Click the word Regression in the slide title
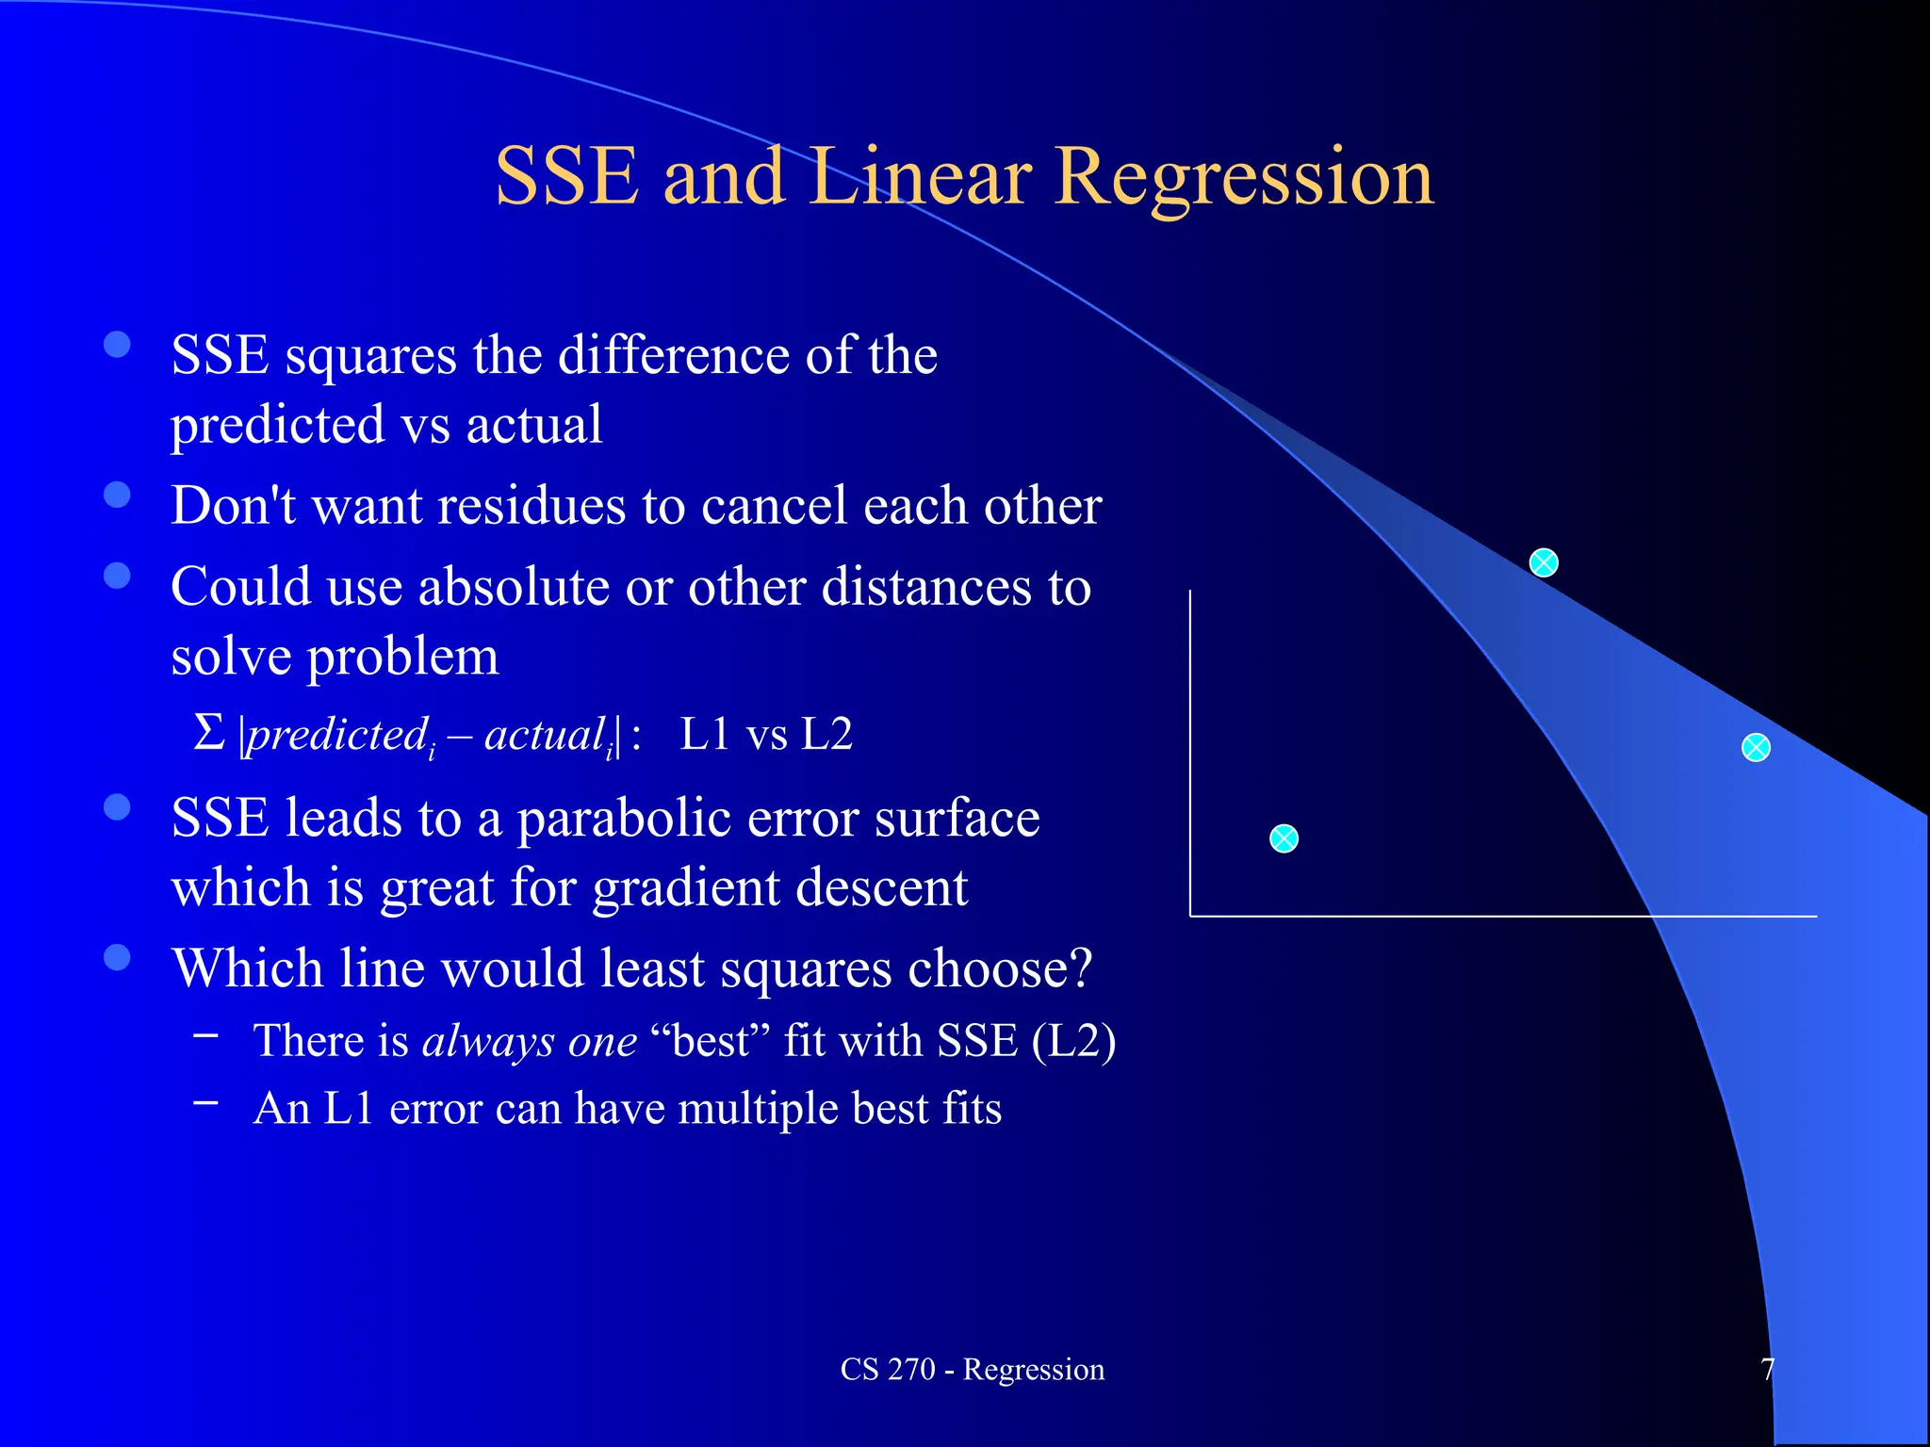click(x=1243, y=177)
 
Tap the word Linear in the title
click(x=920, y=177)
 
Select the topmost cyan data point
click(x=1543, y=563)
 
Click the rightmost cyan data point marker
click(x=1755, y=748)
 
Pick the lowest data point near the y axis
click(x=1284, y=838)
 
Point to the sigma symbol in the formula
click(x=208, y=733)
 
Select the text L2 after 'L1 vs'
click(x=826, y=734)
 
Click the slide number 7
click(x=1767, y=1369)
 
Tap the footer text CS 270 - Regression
click(x=972, y=1369)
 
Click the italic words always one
click(x=530, y=1041)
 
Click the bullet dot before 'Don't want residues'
click(x=117, y=495)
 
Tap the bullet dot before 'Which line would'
click(x=117, y=957)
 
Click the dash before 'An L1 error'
click(x=206, y=1100)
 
